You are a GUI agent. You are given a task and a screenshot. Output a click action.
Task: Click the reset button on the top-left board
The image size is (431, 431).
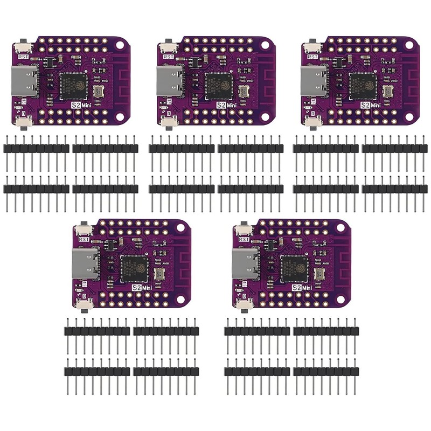tap(23, 44)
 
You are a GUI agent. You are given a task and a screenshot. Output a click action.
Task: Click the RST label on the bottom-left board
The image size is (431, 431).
tap(84, 238)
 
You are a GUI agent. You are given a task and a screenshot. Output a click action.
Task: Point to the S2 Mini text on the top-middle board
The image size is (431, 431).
tap(229, 106)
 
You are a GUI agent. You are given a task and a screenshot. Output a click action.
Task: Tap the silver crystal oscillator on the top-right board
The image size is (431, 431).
tap(388, 91)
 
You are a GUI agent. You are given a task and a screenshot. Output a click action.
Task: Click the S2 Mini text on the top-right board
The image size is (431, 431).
tap(373, 106)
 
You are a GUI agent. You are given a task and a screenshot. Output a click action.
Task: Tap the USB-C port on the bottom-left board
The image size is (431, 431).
tap(86, 263)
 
